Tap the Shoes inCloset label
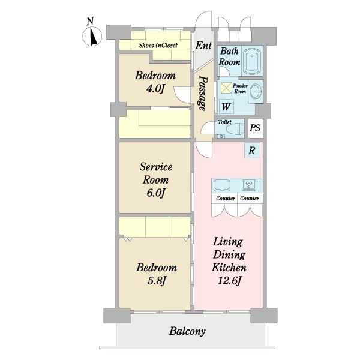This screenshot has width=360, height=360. pos(158,45)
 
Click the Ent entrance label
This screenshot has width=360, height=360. pos(203,46)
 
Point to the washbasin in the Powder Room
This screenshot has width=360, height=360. pos(256,91)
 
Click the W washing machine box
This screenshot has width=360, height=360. pos(226,107)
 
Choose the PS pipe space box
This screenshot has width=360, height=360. pos(256,128)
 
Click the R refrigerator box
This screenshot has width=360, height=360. pos(252,151)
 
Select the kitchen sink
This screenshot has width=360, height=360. pos(222,186)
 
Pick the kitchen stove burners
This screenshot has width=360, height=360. pos(249,185)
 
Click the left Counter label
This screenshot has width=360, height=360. pos(226,198)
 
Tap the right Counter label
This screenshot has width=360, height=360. pos(250,198)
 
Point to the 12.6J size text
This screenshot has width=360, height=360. pos(229,281)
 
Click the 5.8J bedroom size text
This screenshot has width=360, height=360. pos(157,281)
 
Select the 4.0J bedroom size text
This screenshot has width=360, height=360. pos(155,89)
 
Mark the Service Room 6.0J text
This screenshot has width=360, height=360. pos(156,179)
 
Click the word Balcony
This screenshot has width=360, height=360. pos(187,331)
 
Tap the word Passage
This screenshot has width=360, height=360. pos(203,93)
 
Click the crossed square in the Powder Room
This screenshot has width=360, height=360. pos(226,88)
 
